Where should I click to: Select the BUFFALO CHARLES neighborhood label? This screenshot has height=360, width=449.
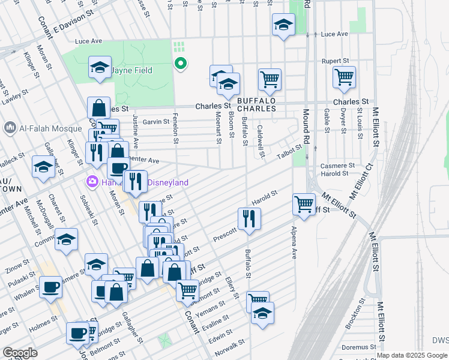[256, 104]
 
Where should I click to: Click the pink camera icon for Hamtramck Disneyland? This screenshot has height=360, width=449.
[92, 181]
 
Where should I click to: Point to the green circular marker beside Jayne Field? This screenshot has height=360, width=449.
[179, 63]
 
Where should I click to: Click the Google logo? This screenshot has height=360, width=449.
[20, 352]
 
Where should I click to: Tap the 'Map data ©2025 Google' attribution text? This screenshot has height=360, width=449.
[412, 355]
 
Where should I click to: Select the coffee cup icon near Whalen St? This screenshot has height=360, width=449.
[50, 286]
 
